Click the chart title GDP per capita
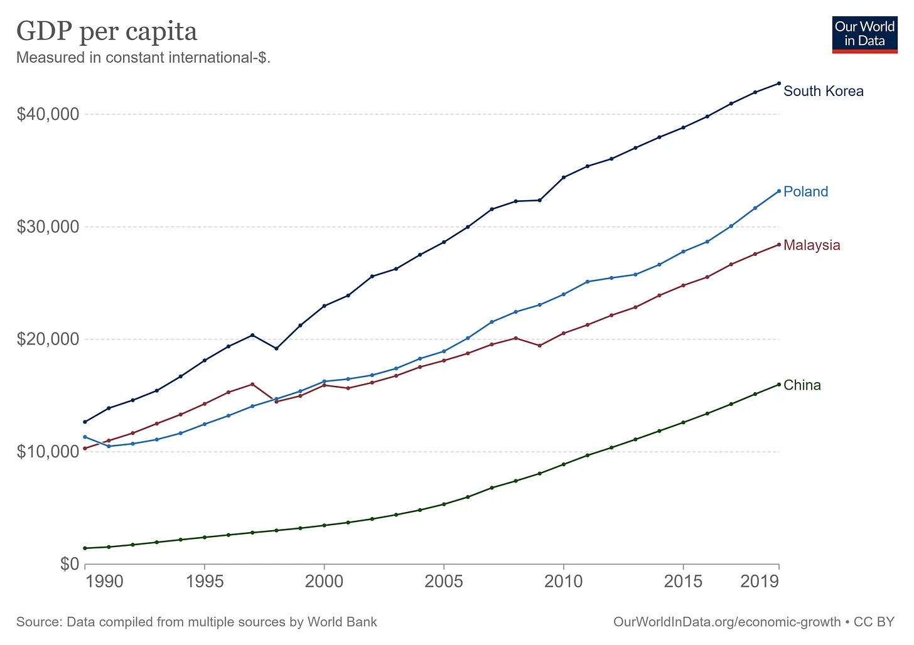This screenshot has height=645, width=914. [x=107, y=31]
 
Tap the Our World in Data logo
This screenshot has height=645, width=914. [x=864, y=35]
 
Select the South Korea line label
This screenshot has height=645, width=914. [x=823, y=92]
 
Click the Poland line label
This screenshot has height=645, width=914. [x=805, y=192]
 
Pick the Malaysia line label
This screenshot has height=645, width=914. [x=812, y=245]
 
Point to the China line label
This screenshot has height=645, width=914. [x=802, y=385]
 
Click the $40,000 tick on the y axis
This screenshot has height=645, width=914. [x=48, y=114]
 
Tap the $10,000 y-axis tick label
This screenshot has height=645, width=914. [x=48, y=452]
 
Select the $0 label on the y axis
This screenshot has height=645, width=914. [x=70, y=564]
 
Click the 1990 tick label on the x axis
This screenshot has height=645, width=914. [x=104, y=581]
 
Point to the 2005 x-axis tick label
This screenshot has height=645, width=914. [x=444, y=581]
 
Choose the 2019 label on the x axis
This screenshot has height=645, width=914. [x=760, y=581]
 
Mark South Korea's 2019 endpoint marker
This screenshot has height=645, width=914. [x=779, y=83]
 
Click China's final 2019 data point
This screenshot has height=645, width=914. [x=779, y=385]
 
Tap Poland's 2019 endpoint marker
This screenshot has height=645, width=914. [x=779, y=191]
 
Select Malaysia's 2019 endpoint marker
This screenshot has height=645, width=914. [x=779, y=244]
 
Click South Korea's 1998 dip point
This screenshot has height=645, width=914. [x=276, y=348]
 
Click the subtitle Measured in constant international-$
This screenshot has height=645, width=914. [x=143, y=58]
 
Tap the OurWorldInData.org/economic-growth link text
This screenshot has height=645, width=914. [x=726, y=622]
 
